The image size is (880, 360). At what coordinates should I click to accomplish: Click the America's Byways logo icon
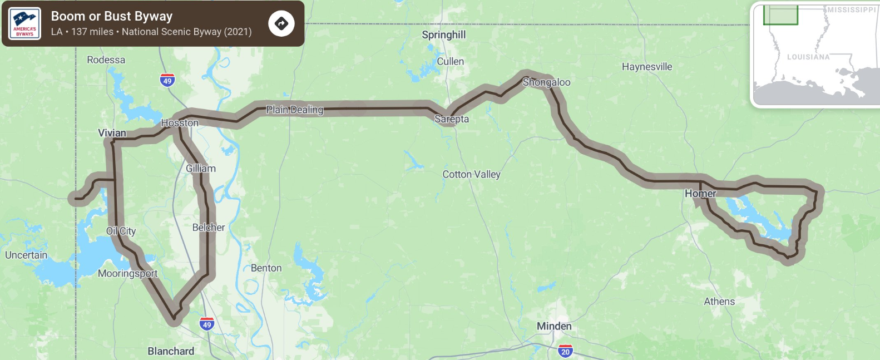[x=24, y=23]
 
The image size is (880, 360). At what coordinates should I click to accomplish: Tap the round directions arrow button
[x=281, y=23]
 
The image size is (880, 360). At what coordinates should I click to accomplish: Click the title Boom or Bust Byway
[x=112, y=16]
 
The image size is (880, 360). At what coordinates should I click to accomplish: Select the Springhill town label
[x=443, y=35]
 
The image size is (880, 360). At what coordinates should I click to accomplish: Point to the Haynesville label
[x=647, y=67]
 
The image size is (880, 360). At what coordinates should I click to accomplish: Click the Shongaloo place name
[x=546, y=82]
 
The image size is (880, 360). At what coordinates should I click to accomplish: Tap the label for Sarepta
[x=452, y=119]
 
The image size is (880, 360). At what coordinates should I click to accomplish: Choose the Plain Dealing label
[x=294, y=110]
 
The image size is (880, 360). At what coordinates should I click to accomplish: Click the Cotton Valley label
[x=471, y=175]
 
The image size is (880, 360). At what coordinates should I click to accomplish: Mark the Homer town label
[x=700, y=194]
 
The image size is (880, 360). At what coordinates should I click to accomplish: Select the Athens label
[x=719, y=302]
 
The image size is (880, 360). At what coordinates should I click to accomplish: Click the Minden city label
[x=554, y=327]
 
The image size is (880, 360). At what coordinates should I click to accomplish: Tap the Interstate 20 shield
[x=565, y=351]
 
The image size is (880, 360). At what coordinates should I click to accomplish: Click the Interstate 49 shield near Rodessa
[x=167, y=80]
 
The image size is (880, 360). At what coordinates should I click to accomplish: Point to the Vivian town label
[x=112, y=133]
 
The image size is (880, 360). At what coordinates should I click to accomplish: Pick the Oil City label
[x=121, y=231]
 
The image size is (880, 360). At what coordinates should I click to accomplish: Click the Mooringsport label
[x=128, y=274]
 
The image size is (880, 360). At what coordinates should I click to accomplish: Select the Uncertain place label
[x=26, y=255]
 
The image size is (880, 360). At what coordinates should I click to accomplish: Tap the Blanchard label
[x=171, y=351]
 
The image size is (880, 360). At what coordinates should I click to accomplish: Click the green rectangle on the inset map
[x=780, y=15]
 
